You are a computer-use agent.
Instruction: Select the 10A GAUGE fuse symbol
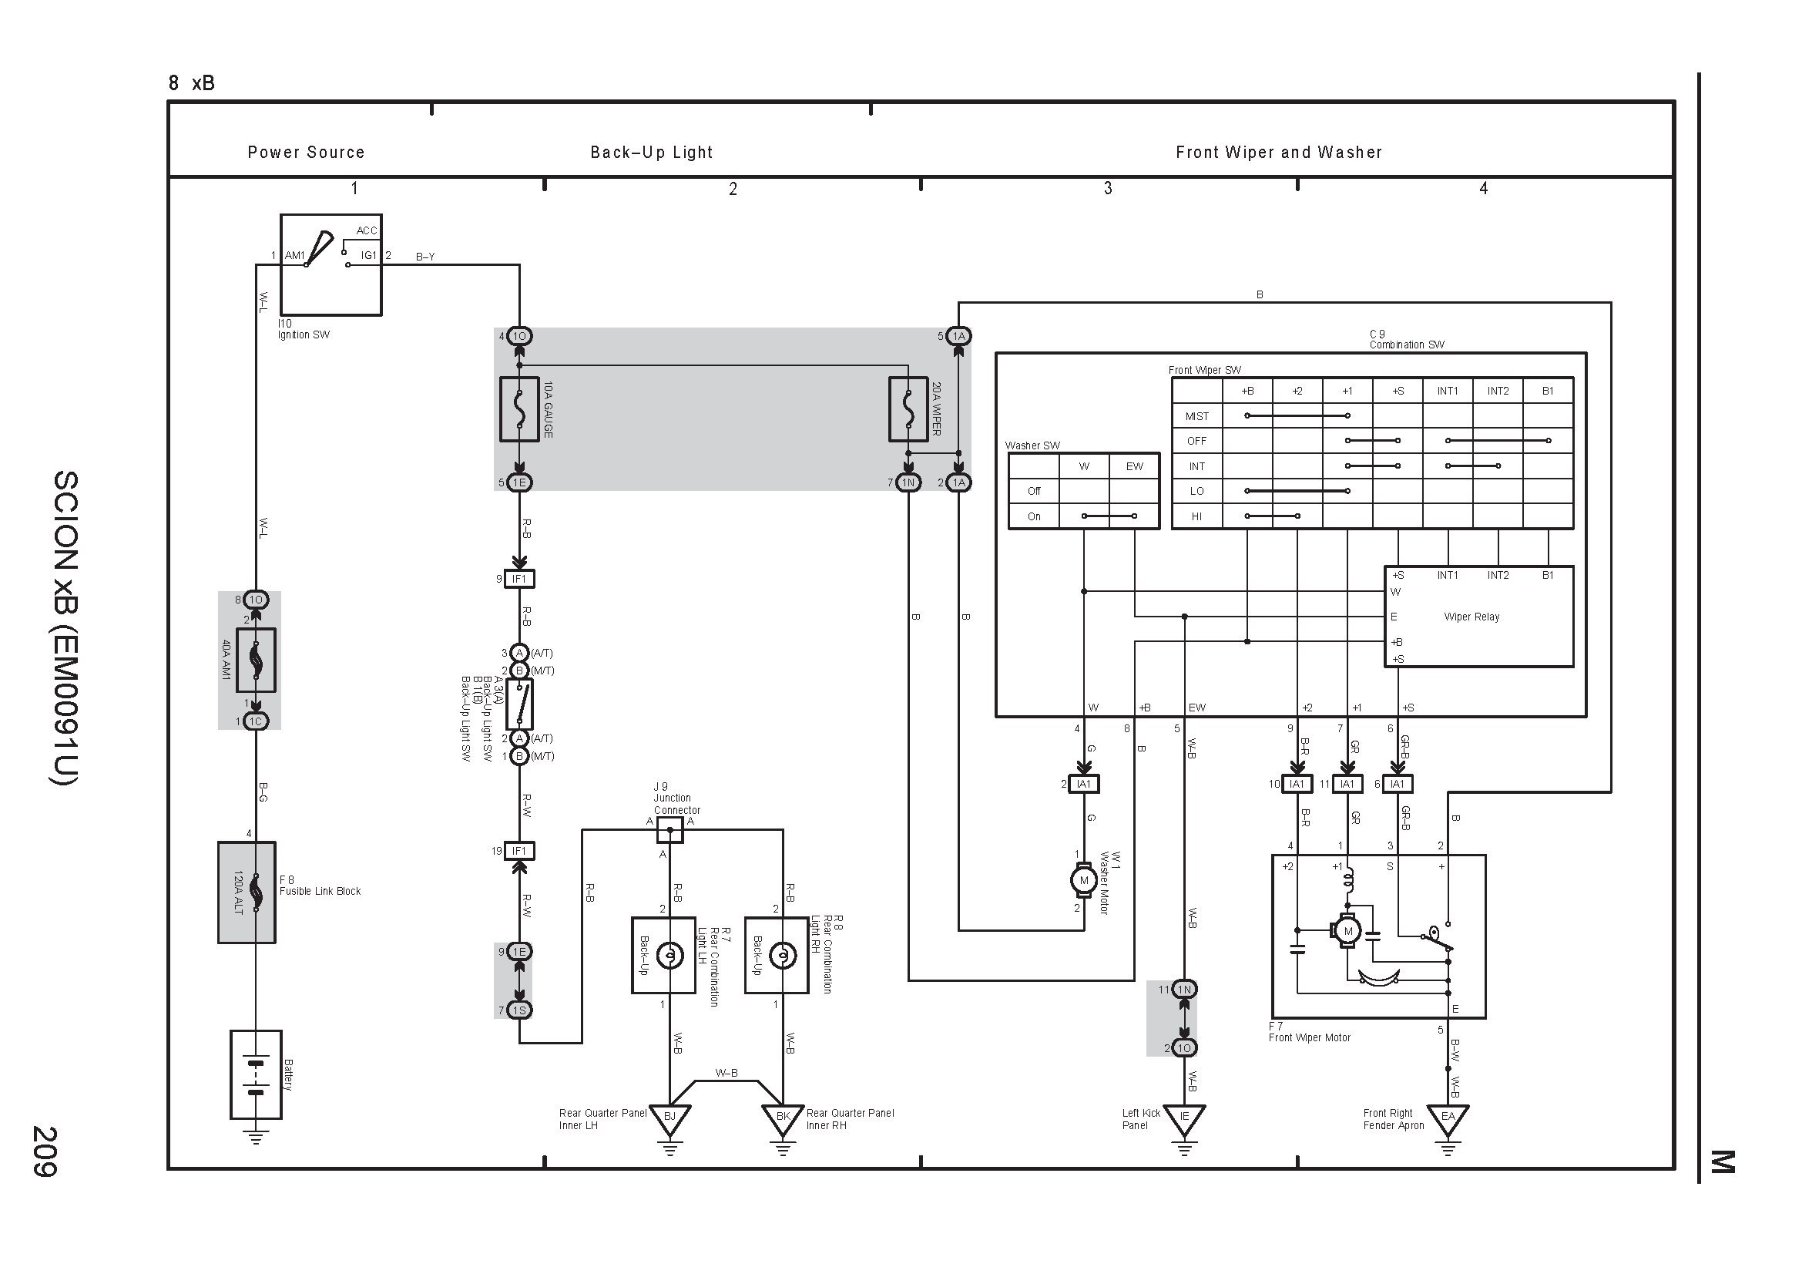[519, 409]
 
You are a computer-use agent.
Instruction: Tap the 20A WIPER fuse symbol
[908, 409]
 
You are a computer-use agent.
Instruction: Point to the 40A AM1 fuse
[256, 661]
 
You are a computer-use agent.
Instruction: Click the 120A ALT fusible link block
[247, 892]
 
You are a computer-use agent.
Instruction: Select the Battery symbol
[256, 1074]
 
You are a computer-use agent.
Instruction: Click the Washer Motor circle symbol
[1084, 880]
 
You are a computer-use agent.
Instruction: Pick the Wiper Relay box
[1478, 617]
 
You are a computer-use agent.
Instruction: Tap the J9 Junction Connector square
[669, 830]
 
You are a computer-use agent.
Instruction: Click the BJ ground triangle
[669, 1118]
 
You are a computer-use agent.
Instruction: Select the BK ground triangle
[783, 1118]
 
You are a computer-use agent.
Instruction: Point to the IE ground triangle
[1184, 1118]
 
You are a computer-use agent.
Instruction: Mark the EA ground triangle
[1448, 1118]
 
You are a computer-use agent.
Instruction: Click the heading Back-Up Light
[652, 153]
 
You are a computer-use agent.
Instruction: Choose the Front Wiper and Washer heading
[1279, 153]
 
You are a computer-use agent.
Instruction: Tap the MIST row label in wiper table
[1197, 416]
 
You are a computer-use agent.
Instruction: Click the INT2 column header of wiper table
[1498, 391]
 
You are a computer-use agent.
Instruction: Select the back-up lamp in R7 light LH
[669, 955]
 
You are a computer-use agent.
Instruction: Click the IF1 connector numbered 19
[518, 851]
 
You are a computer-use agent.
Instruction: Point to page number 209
[44, 1151]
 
